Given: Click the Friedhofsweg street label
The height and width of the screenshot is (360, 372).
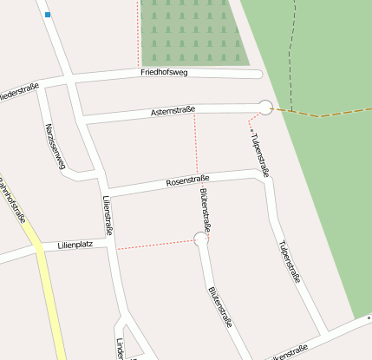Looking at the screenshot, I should coord(165,73).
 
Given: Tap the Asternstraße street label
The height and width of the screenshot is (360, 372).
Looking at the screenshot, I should coord(173,111).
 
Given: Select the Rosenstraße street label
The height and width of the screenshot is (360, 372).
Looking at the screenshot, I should coord(189,182).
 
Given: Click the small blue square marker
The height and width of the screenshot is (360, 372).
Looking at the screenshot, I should coord(48,15).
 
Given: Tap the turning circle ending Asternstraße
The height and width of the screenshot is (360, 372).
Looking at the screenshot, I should coord(265,108).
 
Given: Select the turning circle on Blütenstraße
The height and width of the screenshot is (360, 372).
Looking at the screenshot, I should coord(201,239).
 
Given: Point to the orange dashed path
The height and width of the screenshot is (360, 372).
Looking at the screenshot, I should coord(321,115).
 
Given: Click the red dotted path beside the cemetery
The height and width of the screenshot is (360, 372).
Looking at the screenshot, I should coord(138,35).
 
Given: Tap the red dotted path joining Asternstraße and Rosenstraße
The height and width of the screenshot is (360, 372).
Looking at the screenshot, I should coord(196,143).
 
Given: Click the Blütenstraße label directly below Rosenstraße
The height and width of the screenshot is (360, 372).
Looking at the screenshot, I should coord(208,208).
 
